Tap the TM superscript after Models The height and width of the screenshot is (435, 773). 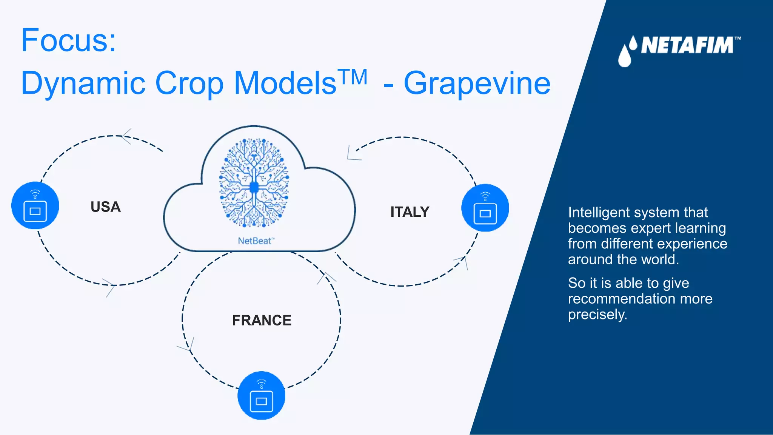click(x=353, y=77)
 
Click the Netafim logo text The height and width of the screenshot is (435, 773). click(x=687, y=46)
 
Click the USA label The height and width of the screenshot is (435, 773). click(x=106, y=207)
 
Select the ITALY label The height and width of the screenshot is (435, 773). click(x=410, y=212)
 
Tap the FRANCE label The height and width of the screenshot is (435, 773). click(x=262, y=321)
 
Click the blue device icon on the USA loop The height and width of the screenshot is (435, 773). click(x=35, y=206)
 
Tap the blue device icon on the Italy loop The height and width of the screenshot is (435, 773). click(x=485, y=208)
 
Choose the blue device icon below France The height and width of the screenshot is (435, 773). click(x=261, y=395)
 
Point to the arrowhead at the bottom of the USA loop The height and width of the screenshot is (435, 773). click(x=109, y=287)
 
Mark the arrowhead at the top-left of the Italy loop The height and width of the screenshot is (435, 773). click(x=353, y=154)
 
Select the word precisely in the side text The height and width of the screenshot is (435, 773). click(x=597, y=315)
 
